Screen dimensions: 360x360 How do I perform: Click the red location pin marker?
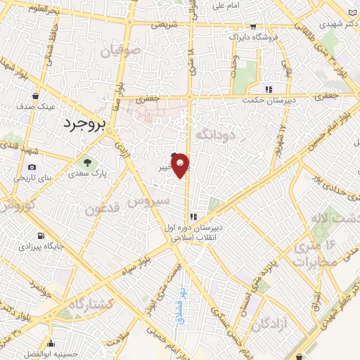pyautogui.click(x=181, y=165)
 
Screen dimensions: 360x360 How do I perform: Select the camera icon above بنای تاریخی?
pyautogui.click(x=32, y=167)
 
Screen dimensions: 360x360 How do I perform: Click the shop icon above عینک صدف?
pyautogui.click(x=36, y=96)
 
